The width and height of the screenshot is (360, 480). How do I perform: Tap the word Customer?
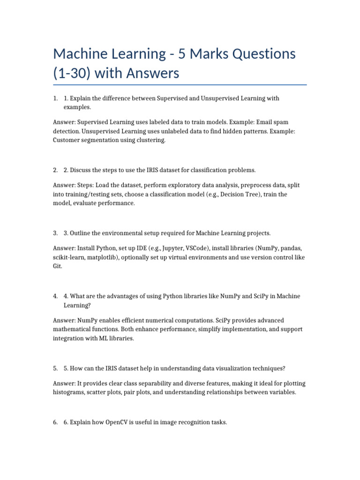[x=67, y=140]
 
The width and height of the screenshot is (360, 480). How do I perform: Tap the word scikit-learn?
[x=68, y=257]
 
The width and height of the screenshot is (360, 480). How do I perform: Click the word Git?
[x=57, y=266]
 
